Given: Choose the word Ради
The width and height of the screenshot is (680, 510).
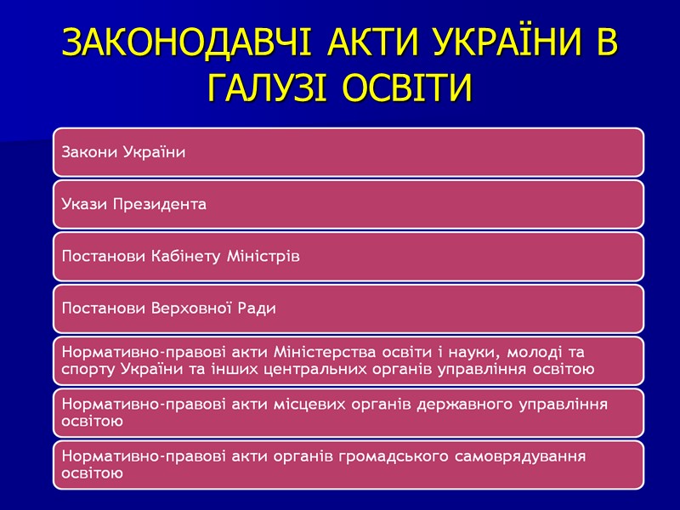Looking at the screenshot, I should (x=258, y=308).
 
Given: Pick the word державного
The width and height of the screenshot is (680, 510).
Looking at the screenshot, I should (x=467, y=404).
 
